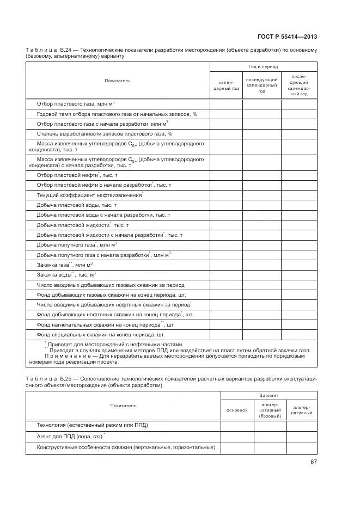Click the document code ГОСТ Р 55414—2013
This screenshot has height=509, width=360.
tap(288, 36)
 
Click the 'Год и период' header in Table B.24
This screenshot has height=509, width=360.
tap(264, 66)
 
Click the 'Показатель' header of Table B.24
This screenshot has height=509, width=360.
tap(118, 81)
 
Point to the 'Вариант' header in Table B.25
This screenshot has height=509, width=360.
tap(269, 396)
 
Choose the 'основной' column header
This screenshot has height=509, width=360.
tap(237, 409)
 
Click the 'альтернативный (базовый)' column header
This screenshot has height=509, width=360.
tap(270, 410)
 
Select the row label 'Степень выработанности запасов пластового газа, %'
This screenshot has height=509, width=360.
tap(104, 133)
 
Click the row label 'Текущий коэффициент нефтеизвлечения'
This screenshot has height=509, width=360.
tap(89, 195)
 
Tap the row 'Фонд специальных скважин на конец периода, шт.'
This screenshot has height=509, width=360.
tap(100, 335)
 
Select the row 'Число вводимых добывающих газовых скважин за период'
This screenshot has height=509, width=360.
tap(110, 285)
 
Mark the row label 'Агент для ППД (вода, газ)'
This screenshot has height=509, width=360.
tap(70, 436)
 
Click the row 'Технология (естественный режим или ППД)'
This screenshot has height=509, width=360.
tap(92, 425)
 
